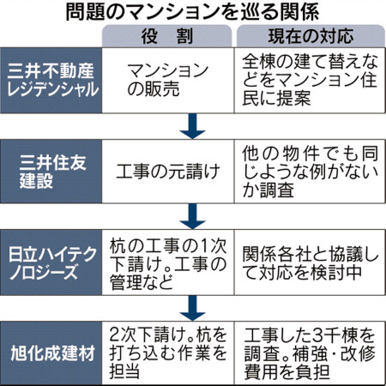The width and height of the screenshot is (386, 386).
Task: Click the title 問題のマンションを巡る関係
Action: (x=192, y=12)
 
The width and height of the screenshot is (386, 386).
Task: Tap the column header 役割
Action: (x=167, y=36)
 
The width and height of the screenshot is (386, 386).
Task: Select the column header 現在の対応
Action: (x=311, y=36)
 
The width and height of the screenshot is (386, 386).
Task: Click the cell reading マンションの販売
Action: (x=168, y=80)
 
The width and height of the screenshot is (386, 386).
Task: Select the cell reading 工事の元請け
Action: (x=168, y=172)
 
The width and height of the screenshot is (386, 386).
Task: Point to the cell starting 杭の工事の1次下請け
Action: (x=168, y=263)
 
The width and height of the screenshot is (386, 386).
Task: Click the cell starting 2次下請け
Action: (x=168, y=353)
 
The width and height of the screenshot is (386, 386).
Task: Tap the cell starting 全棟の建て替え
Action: (x=310, y=81)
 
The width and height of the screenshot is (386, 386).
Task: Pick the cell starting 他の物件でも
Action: (x=310, y=172)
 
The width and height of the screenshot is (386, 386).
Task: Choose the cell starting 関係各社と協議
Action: (x=310, y=263)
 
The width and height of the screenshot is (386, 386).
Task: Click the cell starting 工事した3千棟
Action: (x=310, y=353)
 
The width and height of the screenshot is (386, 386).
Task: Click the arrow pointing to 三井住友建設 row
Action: (x=192, y=126)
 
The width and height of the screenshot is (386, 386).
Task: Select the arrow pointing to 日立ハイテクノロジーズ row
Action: (x=192, y=216)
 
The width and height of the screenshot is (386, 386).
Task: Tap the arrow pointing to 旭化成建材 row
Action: (x=192, y=308)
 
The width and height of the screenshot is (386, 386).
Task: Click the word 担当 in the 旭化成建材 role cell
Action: (x=124, y=371)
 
